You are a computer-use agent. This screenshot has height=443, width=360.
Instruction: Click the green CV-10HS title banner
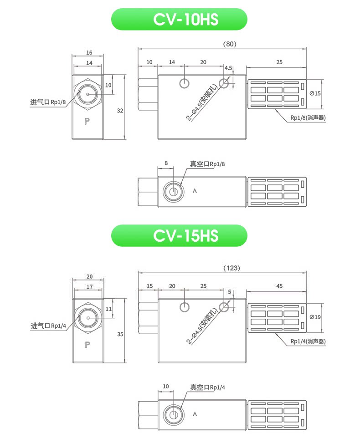click(x=179, y=19)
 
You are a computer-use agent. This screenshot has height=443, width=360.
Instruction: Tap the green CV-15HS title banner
click(x=179, y=236)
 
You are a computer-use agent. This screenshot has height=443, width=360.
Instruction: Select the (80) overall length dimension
click(x=230, y=44)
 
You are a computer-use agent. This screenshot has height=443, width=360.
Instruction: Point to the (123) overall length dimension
click(x=231, y=268)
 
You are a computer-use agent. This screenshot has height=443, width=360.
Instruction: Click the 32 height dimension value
click(x=120, y=111)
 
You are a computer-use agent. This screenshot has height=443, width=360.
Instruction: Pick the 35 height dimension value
click(x=120, y=334)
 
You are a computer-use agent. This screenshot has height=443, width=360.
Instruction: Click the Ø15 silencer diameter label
click(x=315, y=93)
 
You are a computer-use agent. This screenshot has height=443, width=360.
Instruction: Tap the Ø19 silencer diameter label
click(x=315, y=317)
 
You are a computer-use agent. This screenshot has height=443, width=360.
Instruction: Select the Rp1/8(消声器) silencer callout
click(x=308, y=118)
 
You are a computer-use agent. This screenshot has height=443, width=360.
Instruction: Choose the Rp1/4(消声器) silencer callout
click(x=308, y=341)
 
